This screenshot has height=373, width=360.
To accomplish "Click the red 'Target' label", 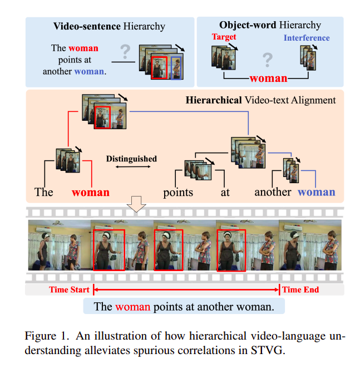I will pos(224,37).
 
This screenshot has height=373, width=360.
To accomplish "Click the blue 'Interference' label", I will pos(306,38).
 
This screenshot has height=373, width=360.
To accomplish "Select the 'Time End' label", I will pos(300,289).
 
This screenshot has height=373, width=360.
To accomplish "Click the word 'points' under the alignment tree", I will pos(178,193).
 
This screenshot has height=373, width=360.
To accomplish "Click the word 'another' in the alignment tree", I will pos(273,193).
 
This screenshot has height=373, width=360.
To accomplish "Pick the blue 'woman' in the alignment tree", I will pos(317,193).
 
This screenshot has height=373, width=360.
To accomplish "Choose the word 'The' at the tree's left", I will pos(44,193).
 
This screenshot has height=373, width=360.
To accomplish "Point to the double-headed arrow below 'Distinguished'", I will pos(131,167).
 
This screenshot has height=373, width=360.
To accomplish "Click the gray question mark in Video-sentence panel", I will pos(126,53).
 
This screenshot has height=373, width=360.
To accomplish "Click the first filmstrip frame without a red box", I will pos(59,246).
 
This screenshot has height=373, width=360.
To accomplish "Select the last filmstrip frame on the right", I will pos(310,246).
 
